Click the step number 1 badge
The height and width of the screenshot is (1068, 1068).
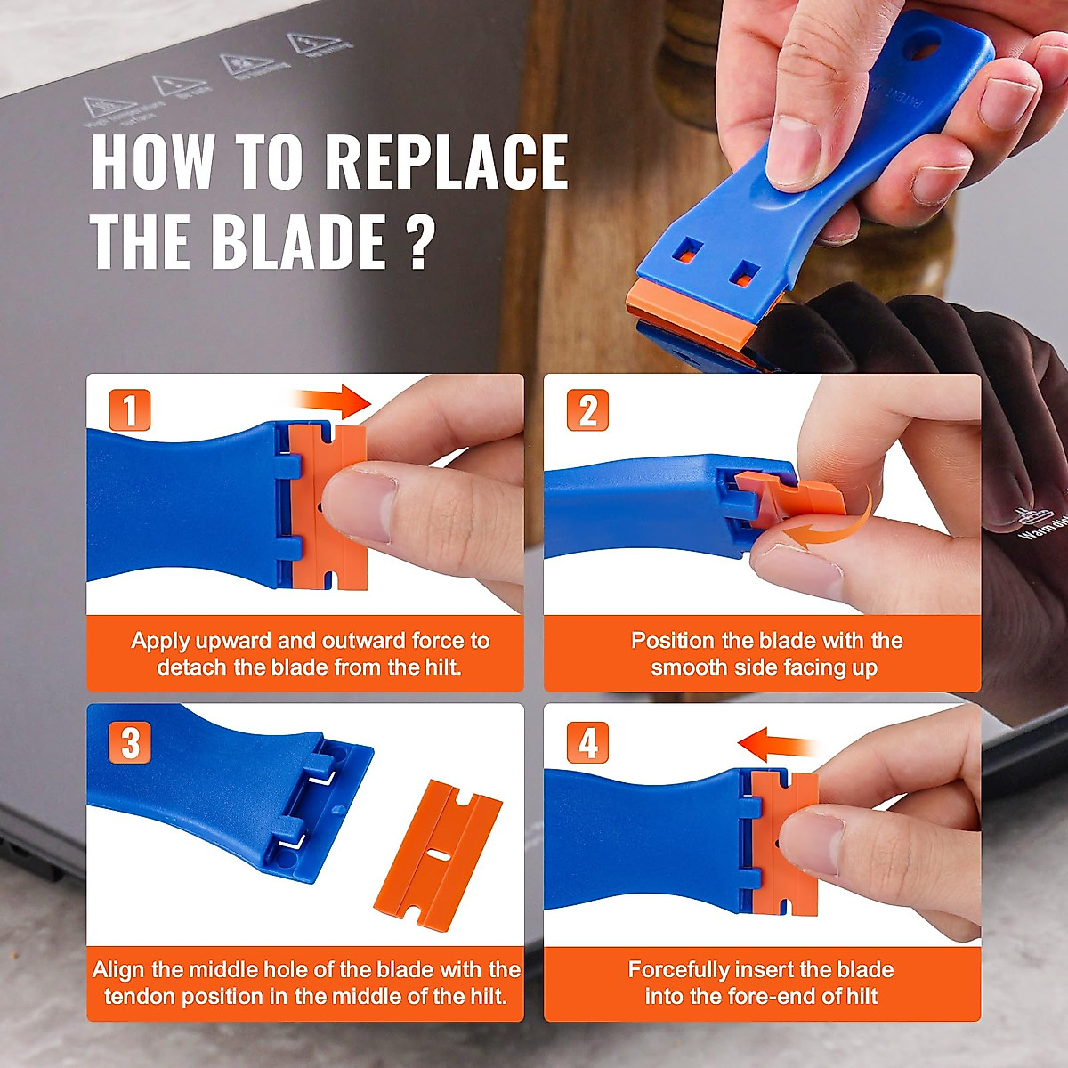(x=130, y=411)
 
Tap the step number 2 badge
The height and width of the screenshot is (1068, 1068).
(x=587, y=411)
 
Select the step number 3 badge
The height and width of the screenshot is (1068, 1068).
(x=130, y=742)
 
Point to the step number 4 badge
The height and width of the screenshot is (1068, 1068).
(x=587, y=742)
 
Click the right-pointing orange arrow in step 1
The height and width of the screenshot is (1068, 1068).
(x=333, y=401)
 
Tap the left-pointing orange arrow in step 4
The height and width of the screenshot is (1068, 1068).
(x=776, y=741)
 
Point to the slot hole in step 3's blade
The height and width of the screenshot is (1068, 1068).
(x=438, y=854)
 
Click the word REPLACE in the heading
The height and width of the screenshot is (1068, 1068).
(x=446, y=163)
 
